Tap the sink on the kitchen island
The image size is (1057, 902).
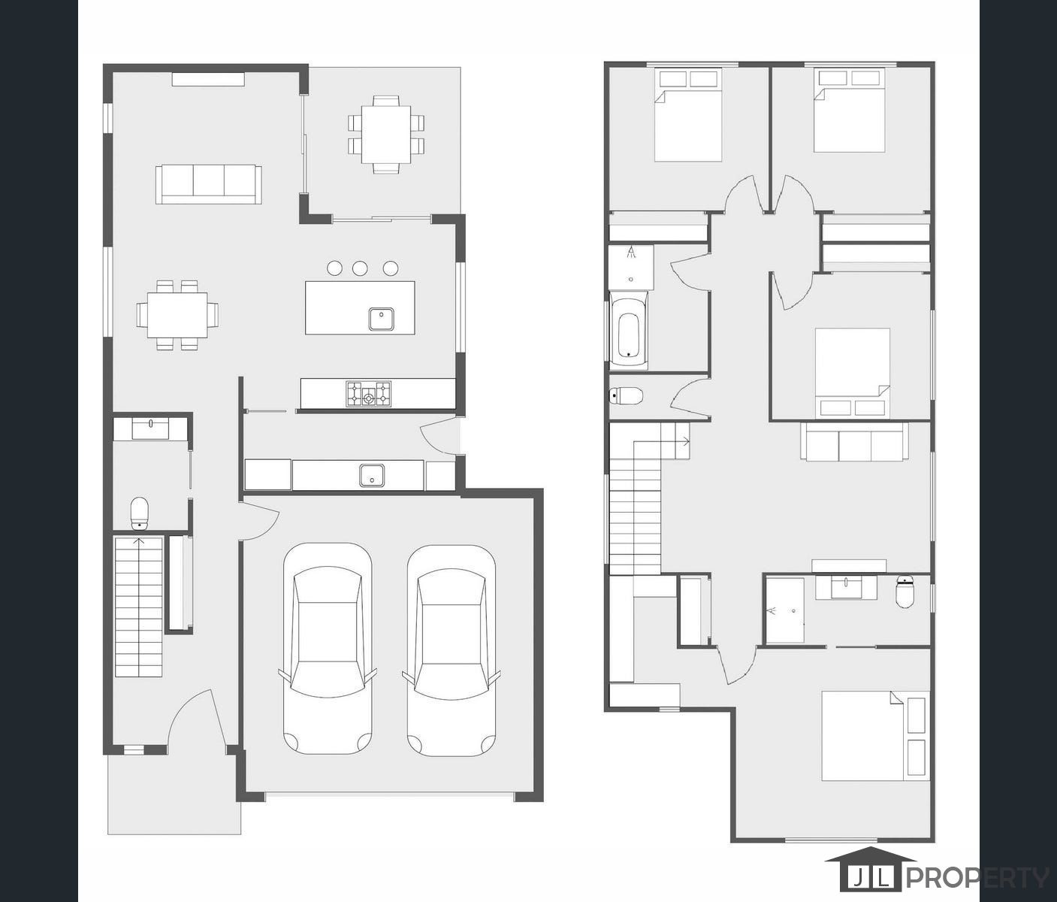pos(382,319)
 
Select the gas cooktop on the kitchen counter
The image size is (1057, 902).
pos(368,394)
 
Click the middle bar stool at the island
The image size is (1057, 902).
pos(360,268)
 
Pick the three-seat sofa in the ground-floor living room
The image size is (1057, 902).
pos(209,184)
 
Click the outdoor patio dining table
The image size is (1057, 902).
pos(386,134)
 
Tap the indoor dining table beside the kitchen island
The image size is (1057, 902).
pos(177,314)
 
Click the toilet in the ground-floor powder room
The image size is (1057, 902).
pos(140,513)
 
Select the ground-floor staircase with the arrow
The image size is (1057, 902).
pos(139,606)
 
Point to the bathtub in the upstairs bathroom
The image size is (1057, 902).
pos(628,334)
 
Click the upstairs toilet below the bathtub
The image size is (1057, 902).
pos(627,395)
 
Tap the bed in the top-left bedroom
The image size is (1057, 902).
pos(688,116)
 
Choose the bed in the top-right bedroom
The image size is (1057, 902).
pos(850,111)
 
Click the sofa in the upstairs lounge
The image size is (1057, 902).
pos(855,442)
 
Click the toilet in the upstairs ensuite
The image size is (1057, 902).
pos(905,592)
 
